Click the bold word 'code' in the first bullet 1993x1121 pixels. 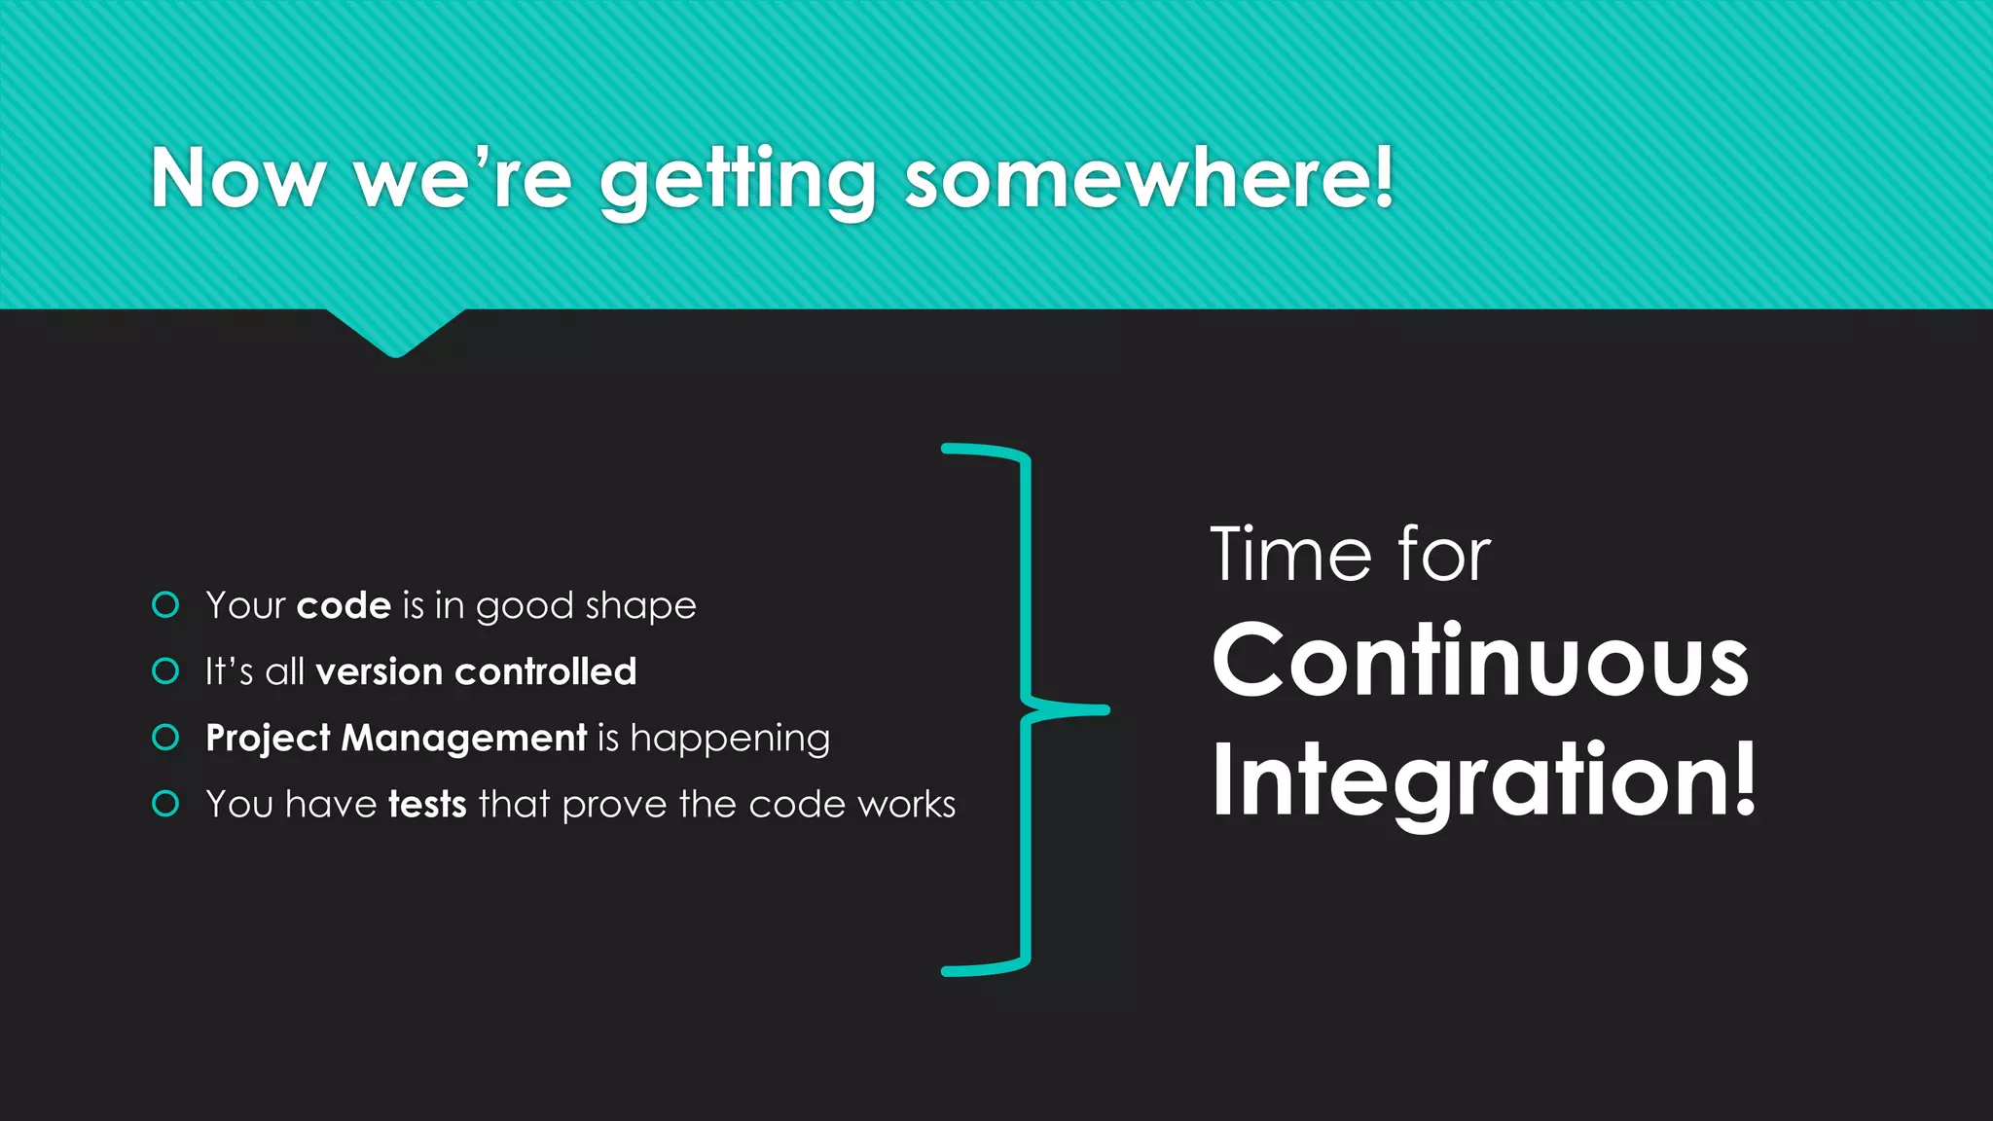tap(344, 605)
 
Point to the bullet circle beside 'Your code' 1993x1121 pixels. tap(166, 605)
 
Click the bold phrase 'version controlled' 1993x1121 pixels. tap(476, 671)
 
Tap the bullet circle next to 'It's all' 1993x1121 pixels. tap(166, 671)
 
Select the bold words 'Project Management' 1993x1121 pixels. tap(396, 738)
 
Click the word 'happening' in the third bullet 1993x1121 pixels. tap(730, 740)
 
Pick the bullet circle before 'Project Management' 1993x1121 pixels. tap(166, 738)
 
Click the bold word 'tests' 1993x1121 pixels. tap(427, 805)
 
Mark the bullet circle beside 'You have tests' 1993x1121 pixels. tap(166, 804)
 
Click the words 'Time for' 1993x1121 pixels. tap(1350, 555)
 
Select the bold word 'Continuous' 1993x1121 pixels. tap(1480, 663)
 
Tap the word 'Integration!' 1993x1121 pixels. tap(1484, 780)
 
